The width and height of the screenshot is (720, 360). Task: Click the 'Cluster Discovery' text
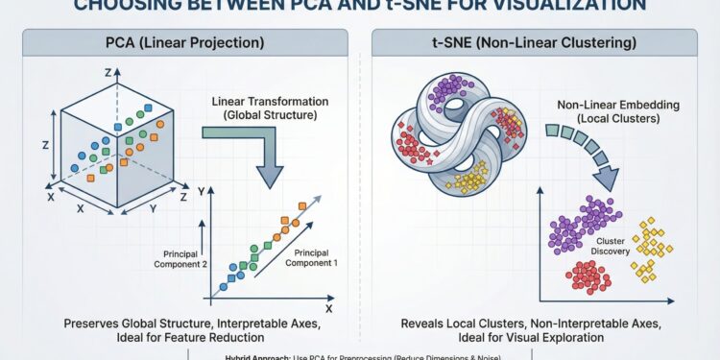pos(612,247)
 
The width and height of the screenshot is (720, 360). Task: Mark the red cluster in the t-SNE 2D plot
pos(588,276)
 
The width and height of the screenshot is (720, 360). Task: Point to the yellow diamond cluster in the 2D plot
pos(652,249)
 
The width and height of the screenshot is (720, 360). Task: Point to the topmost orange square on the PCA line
pos(301,205)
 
